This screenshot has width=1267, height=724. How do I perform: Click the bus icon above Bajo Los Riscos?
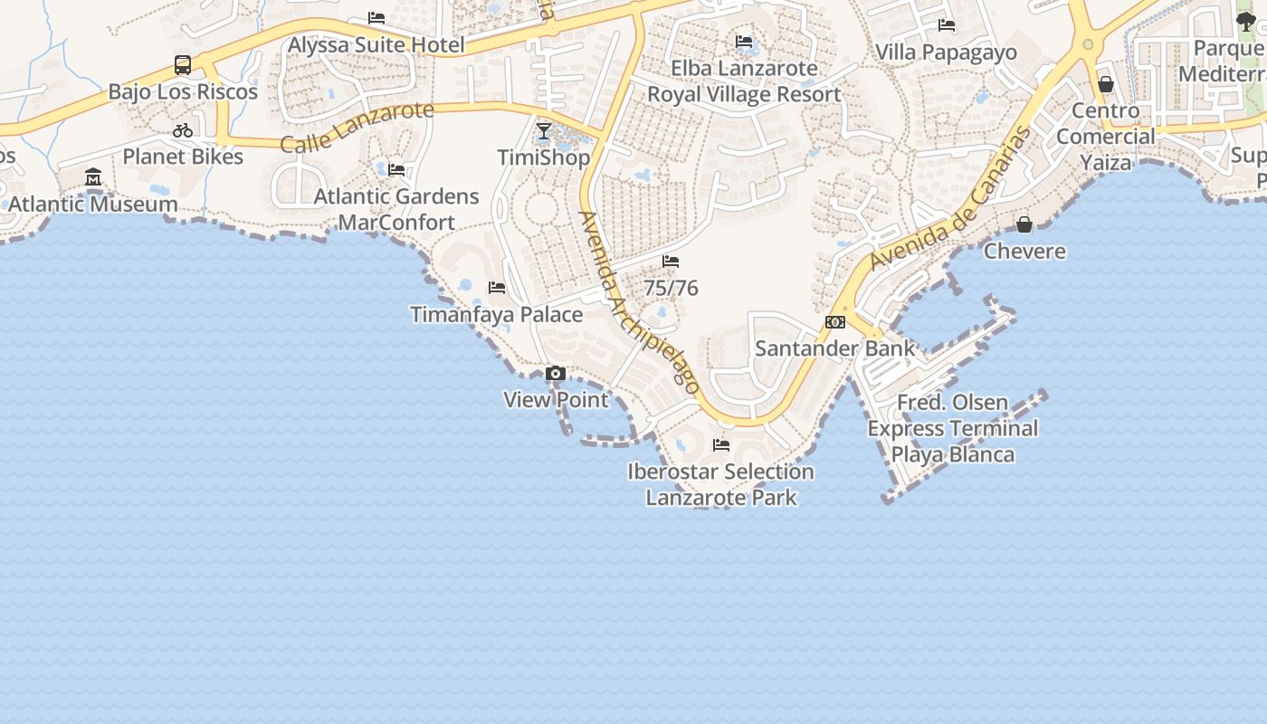tap(183, 65)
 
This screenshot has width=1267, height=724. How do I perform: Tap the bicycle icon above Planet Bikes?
tap(183, 130)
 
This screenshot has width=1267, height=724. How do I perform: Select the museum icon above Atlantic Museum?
tap(93, 177)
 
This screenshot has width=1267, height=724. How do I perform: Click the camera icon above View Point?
tap(556, 373)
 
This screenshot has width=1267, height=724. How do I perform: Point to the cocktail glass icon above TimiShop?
tap(543, 131)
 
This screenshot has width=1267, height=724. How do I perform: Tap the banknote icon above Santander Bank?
tap(835, 322)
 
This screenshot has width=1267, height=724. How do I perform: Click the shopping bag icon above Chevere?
tap(1024, 224)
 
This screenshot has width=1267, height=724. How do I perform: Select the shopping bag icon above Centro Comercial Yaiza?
tap(1105, 84)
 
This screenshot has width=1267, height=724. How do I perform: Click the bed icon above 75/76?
tap(671, 262)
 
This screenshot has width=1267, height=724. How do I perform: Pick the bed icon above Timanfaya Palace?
tap(496, 288)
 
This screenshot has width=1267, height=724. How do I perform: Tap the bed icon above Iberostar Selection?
tap(721, 445)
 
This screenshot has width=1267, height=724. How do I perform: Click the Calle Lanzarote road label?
tap(357, 128)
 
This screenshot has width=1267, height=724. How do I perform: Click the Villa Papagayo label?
tap(946, 52)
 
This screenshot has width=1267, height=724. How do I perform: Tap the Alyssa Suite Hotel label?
tap(376, 44)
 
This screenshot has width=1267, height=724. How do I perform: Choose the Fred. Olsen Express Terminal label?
tap(952, 428)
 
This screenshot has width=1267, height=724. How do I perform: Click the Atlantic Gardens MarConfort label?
tap(396, 209)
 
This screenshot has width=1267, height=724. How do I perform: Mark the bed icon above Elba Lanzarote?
tap(744, 42)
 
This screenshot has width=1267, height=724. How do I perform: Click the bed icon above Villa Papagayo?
tap(947, 25)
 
